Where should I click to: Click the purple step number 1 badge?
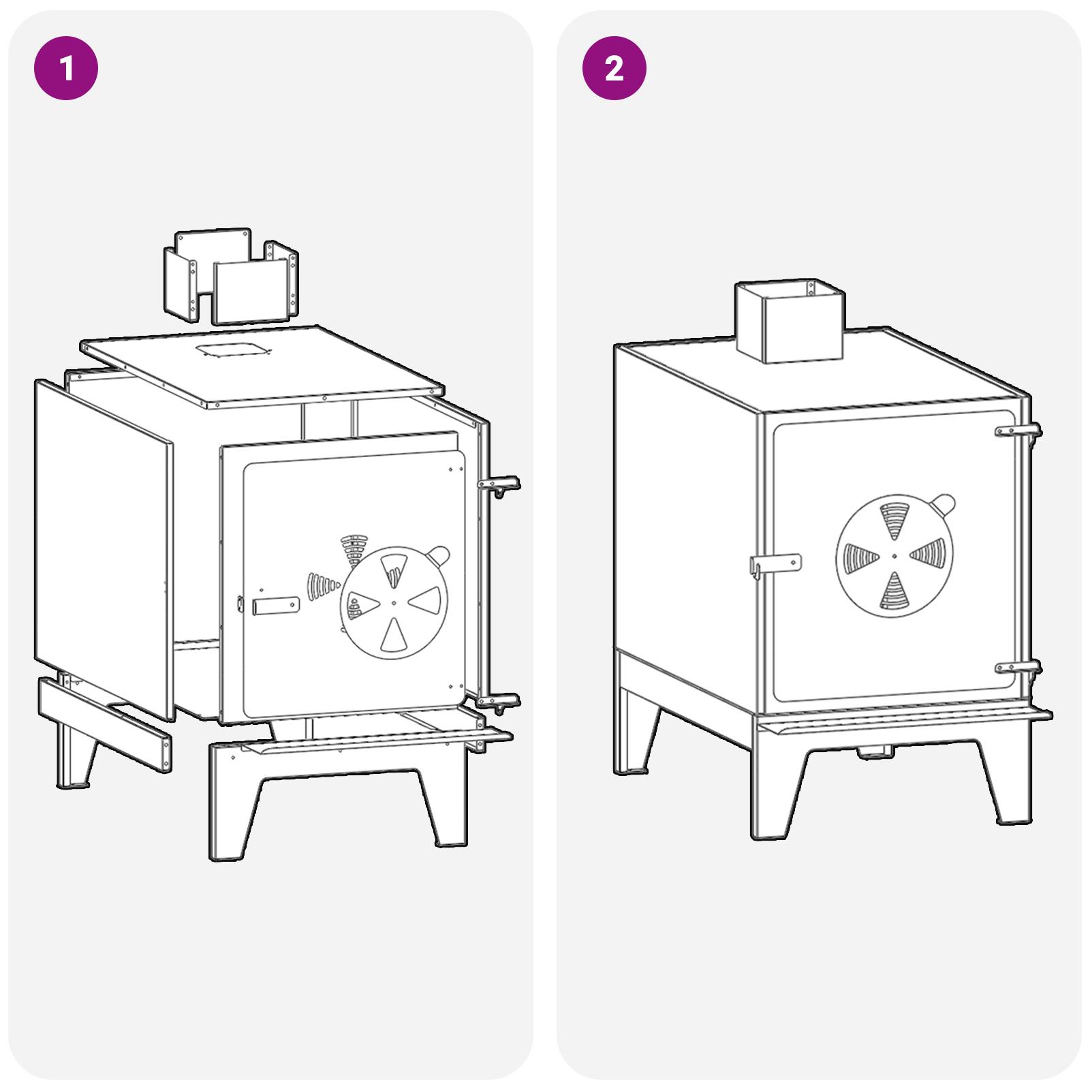[66, 68]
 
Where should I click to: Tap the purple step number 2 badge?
[614, 68]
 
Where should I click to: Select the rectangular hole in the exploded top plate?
[232, 350]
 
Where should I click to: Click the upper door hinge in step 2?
[1018, 431]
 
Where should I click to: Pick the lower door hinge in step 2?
[1018, 668]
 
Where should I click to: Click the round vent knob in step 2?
[944, 505]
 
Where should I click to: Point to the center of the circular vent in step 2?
[894, 556]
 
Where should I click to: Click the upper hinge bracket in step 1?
[499, 485]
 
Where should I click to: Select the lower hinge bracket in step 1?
[499, 701]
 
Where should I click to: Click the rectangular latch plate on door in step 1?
[276, 606]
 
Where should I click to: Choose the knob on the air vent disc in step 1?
[438, 555]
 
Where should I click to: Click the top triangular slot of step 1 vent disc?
[394, 569]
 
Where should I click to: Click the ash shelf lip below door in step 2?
[906, 722]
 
